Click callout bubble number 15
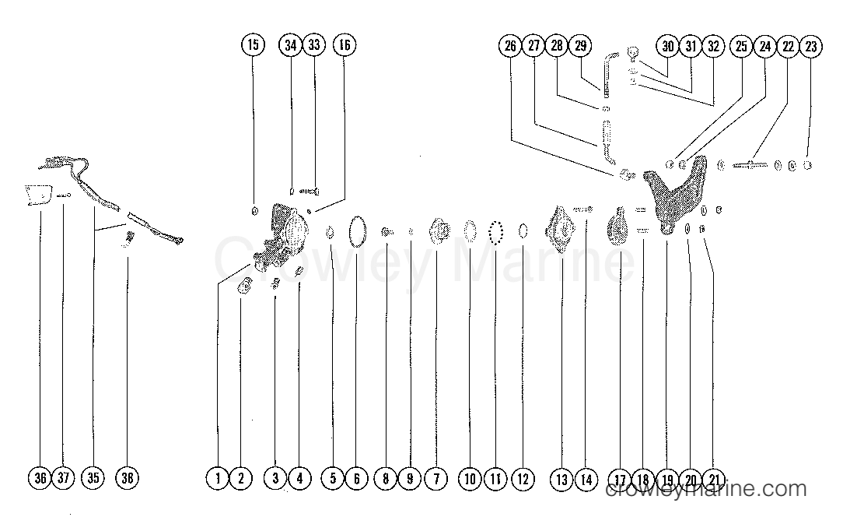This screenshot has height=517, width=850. pos(253,46)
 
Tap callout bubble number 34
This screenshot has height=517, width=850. pos(290,46)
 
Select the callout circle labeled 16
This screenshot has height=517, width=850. pos(344,46)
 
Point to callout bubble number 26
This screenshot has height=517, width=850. pos(510,46)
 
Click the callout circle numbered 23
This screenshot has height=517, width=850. pos(810,46)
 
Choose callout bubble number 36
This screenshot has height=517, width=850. pos(40,478)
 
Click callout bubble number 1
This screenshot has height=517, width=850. pos(219,478)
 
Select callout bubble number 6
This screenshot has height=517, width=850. pos(356,478)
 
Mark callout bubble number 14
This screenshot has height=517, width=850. pos(586,478)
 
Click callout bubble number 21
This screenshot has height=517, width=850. pos(713,478)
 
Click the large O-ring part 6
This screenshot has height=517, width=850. pos(358,232)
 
